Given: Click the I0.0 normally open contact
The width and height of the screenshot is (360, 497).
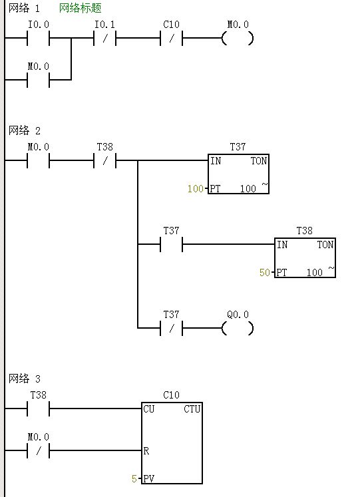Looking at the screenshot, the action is click(39, 39).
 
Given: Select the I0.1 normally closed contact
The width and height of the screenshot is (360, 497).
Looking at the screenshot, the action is click(105, 39).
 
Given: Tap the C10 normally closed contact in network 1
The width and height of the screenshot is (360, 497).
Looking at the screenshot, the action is click(172, 39).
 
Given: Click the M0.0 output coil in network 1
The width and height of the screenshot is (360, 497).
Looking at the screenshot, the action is click(238, 39).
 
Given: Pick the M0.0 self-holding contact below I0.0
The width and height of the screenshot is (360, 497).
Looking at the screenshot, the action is click(39, 80).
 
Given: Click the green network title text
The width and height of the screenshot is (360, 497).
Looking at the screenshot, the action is click(80, 8).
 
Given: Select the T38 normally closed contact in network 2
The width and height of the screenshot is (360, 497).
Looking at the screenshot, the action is click(105, 160).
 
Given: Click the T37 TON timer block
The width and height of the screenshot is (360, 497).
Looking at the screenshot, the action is click(238, 174).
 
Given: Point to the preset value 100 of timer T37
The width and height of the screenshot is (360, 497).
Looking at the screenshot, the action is click(195, 189).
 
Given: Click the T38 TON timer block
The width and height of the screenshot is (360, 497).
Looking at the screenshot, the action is click(305, 257).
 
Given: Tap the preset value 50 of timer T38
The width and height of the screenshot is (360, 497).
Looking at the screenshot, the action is click(265, 273).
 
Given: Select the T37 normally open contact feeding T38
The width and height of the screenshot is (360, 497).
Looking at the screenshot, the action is click(172, 244).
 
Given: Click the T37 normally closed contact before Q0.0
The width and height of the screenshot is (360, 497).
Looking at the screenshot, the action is click(172, 328).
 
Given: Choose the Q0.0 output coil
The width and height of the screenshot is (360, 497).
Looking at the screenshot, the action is click(238, 328).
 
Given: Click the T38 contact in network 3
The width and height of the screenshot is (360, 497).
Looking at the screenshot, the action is click(39, 409).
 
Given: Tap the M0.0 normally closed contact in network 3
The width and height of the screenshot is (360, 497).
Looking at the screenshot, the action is click(39, 450).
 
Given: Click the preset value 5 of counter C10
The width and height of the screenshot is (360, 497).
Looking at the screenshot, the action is click(134, 478).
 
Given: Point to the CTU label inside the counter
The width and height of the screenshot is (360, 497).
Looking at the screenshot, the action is click(192, 409).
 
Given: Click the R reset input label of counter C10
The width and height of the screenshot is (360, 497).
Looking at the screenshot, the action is click(146, 450).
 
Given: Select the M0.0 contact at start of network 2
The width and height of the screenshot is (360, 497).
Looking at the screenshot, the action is click(39, 160).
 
